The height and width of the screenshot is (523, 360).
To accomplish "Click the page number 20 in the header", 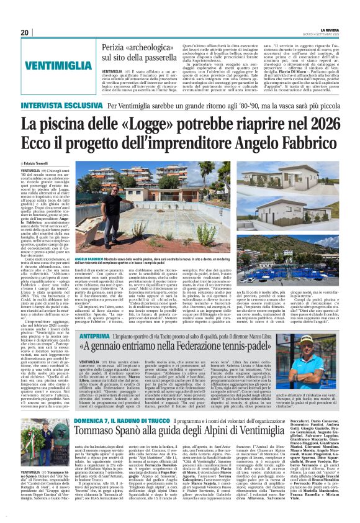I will click(24, 32).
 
